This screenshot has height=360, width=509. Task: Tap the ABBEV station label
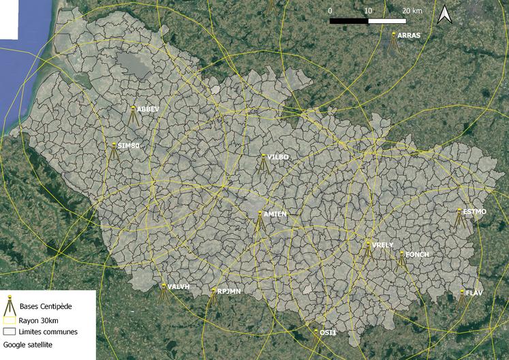147,109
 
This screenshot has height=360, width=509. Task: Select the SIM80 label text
128,146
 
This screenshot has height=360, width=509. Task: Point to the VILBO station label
278,157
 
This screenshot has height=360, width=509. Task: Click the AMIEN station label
275,214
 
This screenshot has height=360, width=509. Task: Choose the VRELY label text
383,245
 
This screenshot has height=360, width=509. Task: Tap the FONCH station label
417,254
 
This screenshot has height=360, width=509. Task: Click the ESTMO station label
474,211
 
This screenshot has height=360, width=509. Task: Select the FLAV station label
474,292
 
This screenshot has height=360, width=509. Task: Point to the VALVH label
178,287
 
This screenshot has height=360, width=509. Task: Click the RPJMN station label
229,291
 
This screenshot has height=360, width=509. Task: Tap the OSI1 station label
328,332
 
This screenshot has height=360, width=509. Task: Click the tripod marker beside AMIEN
259,222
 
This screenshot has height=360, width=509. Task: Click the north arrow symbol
444,14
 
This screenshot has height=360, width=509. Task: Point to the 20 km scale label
412,10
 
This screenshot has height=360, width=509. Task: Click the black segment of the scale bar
349,21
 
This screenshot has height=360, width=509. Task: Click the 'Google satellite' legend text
28,345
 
